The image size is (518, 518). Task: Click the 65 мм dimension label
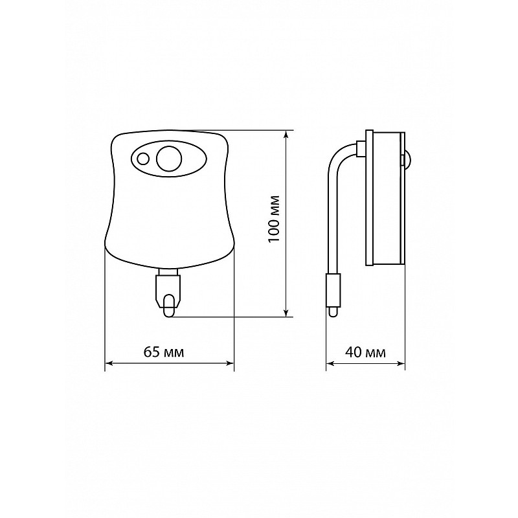pyautogui.click(x=164, y=352)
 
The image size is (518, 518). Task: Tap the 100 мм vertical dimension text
pyautogui.click(x=274, y=219)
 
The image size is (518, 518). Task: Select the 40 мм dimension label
pyautogui.click(x=365, y=352)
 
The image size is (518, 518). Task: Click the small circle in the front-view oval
pyautogui.click(x=143, y=159)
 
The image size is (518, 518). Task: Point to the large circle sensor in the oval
pyautogui.click(x=169, y=159)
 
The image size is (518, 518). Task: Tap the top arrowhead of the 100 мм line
pyautogui.click(x=286, y=134)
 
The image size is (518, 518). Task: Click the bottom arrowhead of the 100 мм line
pyautogui.click(x=286, y=313)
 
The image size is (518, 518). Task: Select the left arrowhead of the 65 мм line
pyautogui.click(x=109, y=363)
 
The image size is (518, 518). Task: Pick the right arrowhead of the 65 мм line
pyautogui.click(x=230, y=363)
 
